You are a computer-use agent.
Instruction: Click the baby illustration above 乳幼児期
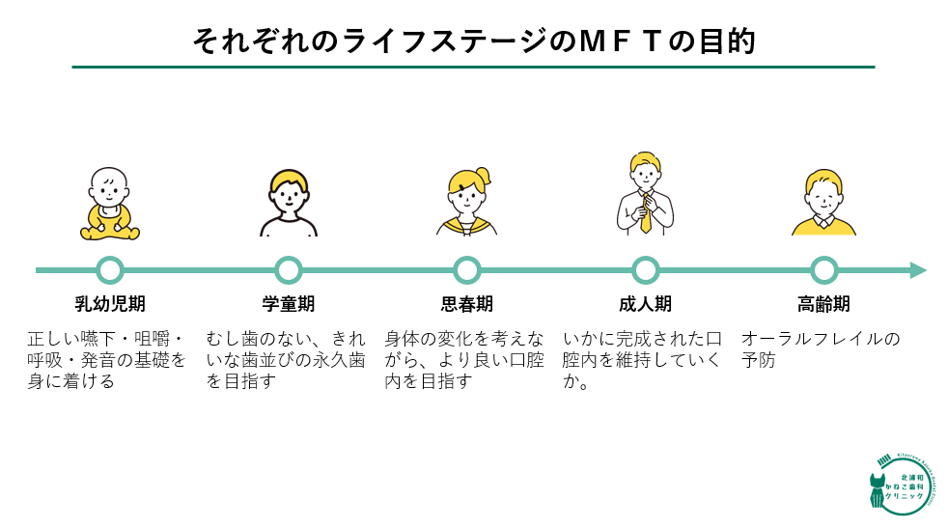tap(110, 204)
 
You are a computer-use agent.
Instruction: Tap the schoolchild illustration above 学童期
tap(289, 203)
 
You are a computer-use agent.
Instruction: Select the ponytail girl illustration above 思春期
tap(467, 202)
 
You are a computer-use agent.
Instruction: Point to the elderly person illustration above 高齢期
tap(823, 203)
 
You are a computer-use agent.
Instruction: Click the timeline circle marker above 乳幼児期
tap(110, 270)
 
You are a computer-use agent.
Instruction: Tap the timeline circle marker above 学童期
tap(289, 270)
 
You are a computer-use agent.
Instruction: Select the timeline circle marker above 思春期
tap(467, 270)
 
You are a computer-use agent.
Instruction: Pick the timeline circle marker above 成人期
tap(645, 270)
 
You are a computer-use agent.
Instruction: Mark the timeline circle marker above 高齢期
tap(823, 270)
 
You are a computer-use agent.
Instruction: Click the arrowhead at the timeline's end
tap(917, 270)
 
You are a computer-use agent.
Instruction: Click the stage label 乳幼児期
tap(110, 304)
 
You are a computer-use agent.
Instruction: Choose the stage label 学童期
tap(289, 304)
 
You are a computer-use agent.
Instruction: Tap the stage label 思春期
tap(467, 304)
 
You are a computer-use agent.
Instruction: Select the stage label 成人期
tap(645, 304)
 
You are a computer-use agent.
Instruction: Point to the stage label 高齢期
tap(823, 304)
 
